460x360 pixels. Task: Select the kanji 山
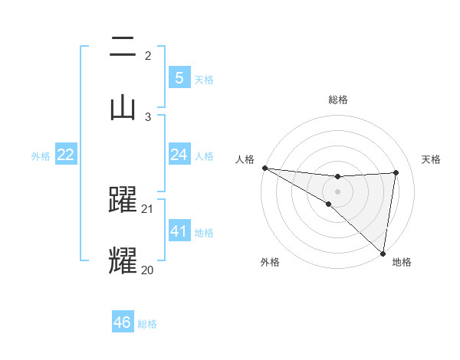(x=123, y=106)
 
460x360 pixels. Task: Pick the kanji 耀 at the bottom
(x=123, y=260)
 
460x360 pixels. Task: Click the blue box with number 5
(x=179, y=78)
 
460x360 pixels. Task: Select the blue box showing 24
(x=179, y=155)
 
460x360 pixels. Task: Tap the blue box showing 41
(x=179, y=231)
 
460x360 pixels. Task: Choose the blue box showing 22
(x=66, y=155)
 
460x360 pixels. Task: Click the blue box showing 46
(x=123, y=322)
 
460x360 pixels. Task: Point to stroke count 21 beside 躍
(x=148, y=208)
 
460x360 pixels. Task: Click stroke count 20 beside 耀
(x=148, y=270)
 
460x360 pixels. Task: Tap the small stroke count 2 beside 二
(x=148, y=56)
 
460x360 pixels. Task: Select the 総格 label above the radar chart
(x=338, y=100)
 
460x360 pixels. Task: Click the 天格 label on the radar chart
(x=432, y=159)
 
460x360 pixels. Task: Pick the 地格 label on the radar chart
(x=402, y=263)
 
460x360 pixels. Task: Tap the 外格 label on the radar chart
(x=270, y=263)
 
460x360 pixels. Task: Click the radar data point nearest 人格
(x=264, y=168)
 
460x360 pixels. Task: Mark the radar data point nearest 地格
(x=383, y=253)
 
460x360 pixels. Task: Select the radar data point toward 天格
(x=396, y=172)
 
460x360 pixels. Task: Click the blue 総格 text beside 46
(x=147, y=324)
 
